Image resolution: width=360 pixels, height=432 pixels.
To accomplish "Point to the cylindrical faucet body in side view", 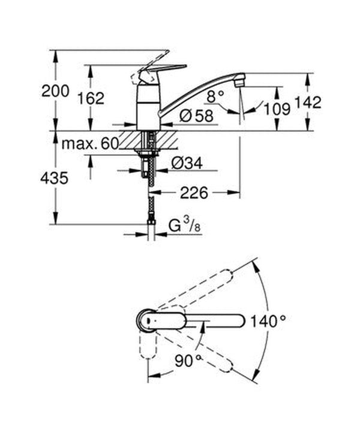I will point(148,105).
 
